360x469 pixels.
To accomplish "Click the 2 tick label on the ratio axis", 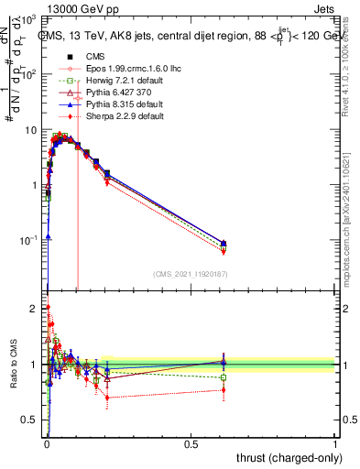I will click(35, 308).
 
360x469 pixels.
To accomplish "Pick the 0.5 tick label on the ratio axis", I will click(31, 420).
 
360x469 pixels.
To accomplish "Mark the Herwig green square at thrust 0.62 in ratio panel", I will click(224, 377).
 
